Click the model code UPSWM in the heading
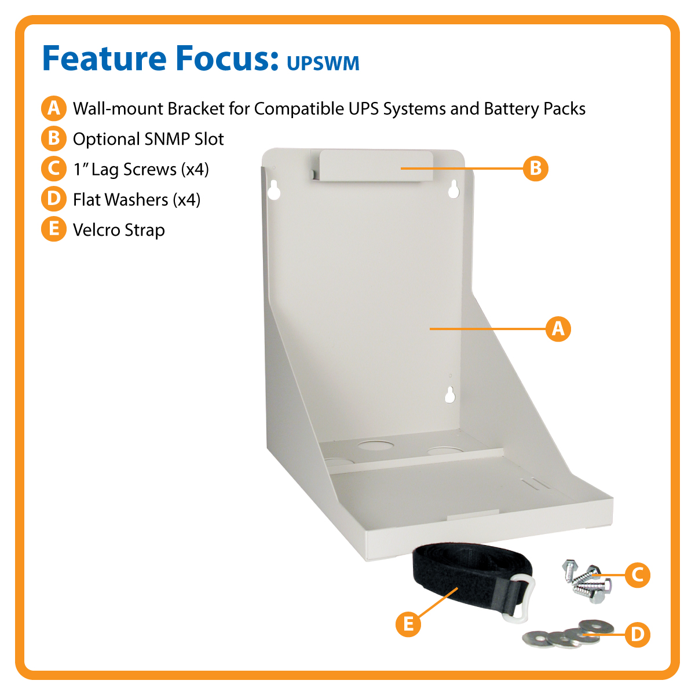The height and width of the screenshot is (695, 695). click(x=323, y=63)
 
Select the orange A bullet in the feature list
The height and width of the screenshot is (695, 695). click(x=53, y=108)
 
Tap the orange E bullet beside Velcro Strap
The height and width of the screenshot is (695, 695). click(x=53, y=229)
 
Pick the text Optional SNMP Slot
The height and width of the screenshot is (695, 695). click(x=148, y=139)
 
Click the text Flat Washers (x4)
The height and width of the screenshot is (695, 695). click(x=137, y=200)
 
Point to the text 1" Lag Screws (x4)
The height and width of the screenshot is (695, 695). click(x=141, y=170)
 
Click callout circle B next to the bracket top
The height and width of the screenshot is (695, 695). click(x=535, y=169)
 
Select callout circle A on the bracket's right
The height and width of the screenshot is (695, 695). click(x=558, y=329)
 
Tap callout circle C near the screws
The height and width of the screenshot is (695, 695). click(x=637, y=575)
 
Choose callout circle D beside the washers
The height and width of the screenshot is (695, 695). click(x=637, y=635)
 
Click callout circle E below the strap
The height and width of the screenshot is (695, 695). click(x=408, y=624)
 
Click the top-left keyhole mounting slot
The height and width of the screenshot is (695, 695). click(x=274, y=189)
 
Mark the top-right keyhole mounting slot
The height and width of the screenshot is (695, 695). click(x=453, y=188)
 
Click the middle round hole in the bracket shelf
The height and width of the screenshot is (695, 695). click(x=375, y=445)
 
